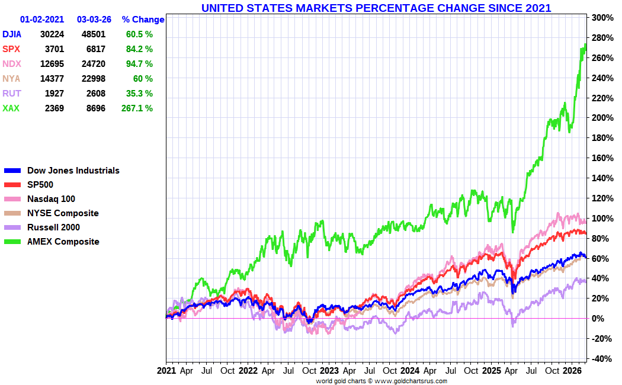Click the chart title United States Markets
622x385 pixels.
tap(376, 8)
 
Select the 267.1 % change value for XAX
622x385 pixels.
tap(137, 108)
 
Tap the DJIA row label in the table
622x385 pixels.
tap(12, 34)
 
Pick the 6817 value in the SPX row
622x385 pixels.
tap(94, 49)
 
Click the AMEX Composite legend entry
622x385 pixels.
tap(63, 242)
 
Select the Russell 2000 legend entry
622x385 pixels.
tap(53, 227)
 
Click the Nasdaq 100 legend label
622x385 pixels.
tap(51, 199)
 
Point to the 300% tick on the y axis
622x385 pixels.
tap(602, 18)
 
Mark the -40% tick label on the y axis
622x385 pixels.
tap(602, 359)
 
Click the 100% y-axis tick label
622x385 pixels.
tap(602, 219)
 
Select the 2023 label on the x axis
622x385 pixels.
tap(329, 371)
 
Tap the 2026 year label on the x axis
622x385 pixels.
tap(572, 371)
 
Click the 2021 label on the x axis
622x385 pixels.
tap(166, 371)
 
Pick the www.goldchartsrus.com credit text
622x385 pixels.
tap(411, 381)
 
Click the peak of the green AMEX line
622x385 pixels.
tap(585, 45)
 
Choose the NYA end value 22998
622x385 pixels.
tap(94, 79)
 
